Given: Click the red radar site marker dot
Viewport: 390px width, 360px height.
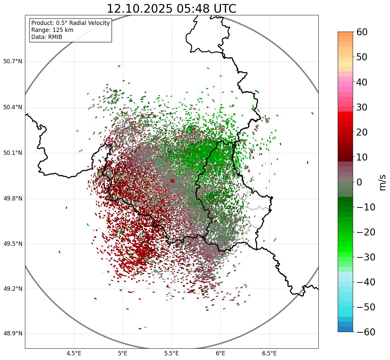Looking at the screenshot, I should [172, 181].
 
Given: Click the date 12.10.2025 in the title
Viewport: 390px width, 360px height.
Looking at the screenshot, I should [140, 9].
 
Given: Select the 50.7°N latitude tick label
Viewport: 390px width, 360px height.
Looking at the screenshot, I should [12, 61].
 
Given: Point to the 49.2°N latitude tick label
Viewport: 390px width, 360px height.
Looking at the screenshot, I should [12, 289].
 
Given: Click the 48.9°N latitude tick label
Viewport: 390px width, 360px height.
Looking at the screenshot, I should [12, 334].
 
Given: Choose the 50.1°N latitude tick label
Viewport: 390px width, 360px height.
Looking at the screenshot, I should [12, 153].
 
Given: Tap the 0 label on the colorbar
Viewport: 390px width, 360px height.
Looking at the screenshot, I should [359, 182].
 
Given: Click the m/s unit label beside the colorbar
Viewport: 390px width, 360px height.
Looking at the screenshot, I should [382, 182].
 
